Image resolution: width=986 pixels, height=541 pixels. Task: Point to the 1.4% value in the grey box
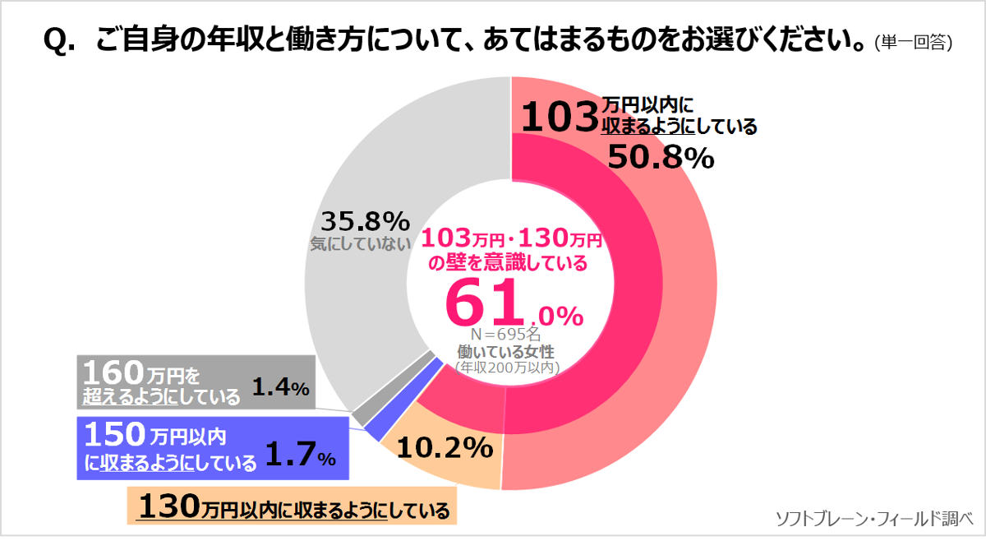[x=280, y=386]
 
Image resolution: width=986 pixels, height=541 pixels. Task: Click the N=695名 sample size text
[x=505, y=335]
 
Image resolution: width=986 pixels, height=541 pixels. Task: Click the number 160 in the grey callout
[x=113, y=373]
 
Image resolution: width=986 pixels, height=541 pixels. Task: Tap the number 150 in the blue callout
[x=113, y=433]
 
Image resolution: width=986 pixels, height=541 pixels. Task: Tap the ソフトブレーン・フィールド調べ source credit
[x=873, y=518]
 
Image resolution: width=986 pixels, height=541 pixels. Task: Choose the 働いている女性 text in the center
[x=505, y=352]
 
